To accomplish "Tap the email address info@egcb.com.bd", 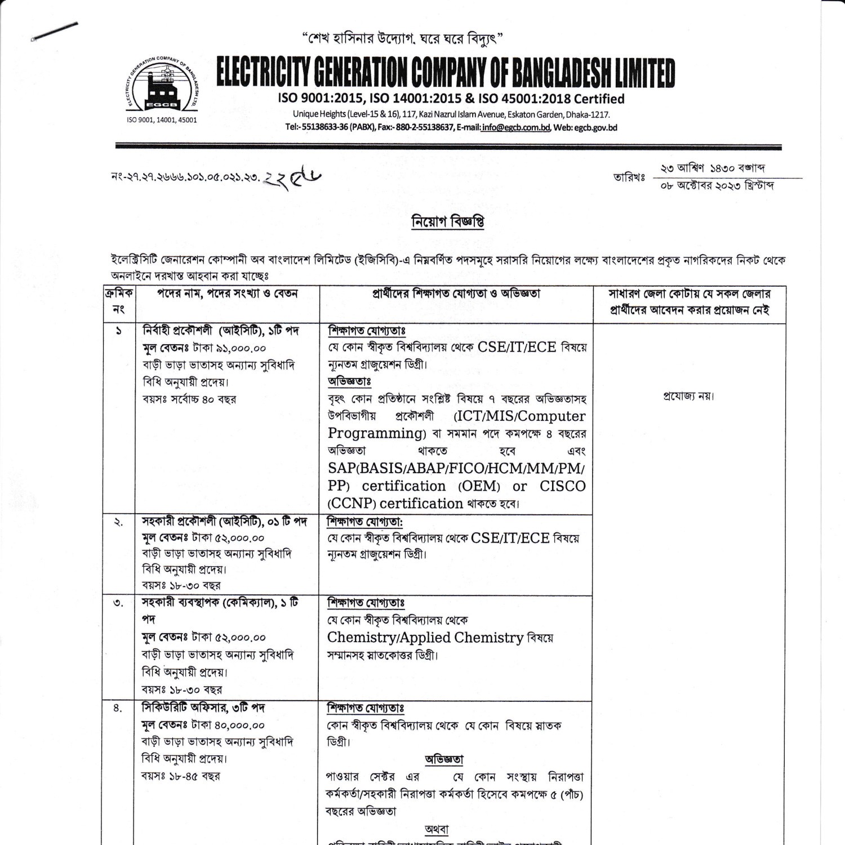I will [515, 127].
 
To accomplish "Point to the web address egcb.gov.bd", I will [595, 127].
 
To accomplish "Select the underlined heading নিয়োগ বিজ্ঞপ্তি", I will [448, 222].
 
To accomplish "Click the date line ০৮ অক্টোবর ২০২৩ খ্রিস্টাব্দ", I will [717, 185].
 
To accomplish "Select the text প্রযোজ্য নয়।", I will [689, 396].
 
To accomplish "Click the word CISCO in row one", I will [562, 486].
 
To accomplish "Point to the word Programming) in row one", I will [377, 434].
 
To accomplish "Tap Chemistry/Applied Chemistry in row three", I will [425, 638].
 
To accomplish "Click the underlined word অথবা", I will [436, 829].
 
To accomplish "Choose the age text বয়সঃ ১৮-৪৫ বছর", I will [181, 776].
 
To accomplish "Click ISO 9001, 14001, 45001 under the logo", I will [162, 120].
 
